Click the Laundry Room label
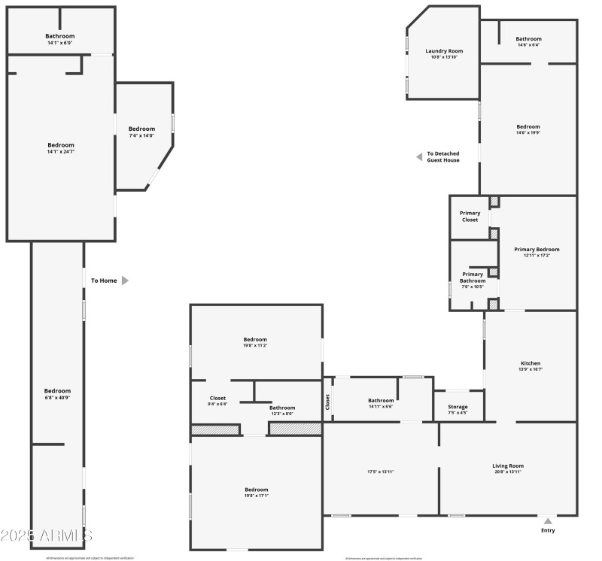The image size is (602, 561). (x=443, y=51)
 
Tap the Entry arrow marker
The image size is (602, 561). (x=548, y=520)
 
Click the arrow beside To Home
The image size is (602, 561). (x=126, y=280)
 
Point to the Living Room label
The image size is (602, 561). (x=508, y=465)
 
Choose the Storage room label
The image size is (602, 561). (x=458, y=406)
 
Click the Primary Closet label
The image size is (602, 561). (x=470, y=217)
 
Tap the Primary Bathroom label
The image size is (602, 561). (x=473, y=277)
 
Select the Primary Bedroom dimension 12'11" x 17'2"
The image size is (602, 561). (x=537, y=256)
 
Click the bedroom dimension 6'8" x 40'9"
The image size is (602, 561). (x=57, y=397)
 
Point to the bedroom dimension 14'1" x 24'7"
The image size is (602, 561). (x=61, y=152)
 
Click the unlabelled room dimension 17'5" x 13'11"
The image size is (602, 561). (x=381, y=472)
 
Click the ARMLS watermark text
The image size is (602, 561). (x=47, y=535)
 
